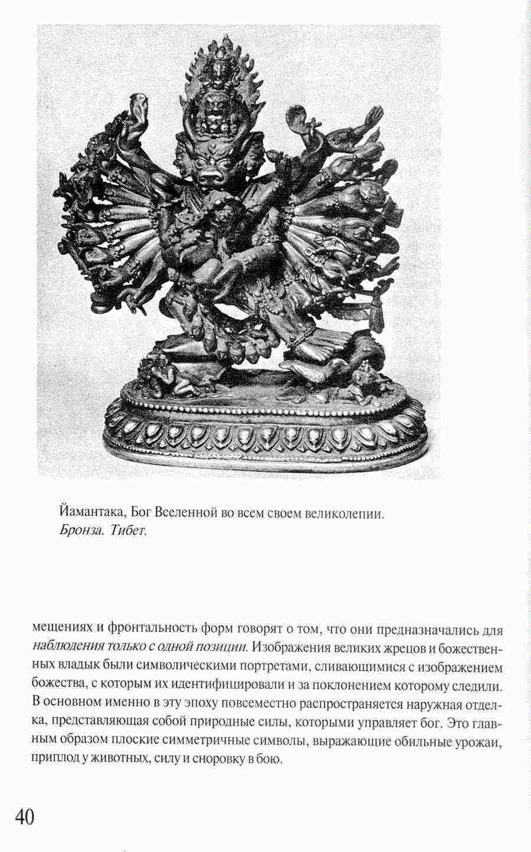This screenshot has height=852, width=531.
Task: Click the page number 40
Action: point(24,817)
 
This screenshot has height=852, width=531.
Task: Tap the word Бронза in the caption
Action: point(80,529)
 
